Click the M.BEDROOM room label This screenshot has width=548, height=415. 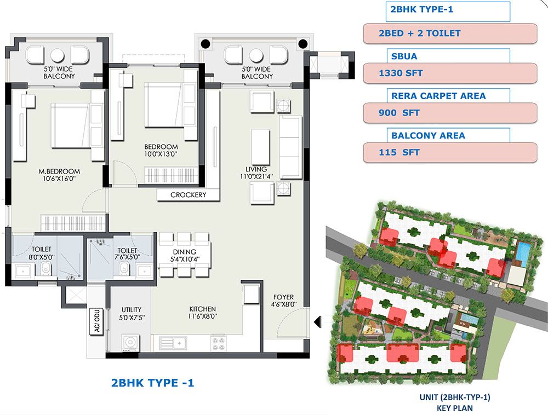pos(59,171)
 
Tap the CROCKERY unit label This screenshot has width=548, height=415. pos(188,195)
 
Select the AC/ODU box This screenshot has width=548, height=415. pos(97,321)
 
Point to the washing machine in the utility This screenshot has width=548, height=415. pos(131,342)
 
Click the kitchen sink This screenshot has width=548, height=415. pos(173,343)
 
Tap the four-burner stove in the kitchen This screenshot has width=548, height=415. pos(218,343)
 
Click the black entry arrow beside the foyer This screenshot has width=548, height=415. pos(317,321)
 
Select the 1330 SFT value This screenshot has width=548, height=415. pos(401,73)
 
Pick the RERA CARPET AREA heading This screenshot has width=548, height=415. pos(438,96)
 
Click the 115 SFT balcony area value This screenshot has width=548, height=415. pos(399,153)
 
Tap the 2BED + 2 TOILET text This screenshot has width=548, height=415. pos(419,33)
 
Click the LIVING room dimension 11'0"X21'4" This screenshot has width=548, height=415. pos(256,177)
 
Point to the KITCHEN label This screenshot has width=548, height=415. pos(202,309)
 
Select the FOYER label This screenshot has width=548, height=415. pos(283,297)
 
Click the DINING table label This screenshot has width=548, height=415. pos(185,252)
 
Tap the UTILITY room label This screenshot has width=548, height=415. pos(132,309)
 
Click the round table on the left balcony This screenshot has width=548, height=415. pos(57,55)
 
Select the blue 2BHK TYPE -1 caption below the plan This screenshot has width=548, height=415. pos(152,383)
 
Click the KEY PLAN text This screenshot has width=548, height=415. pos(455,408)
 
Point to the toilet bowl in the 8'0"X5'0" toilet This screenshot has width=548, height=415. pos(46,269)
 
